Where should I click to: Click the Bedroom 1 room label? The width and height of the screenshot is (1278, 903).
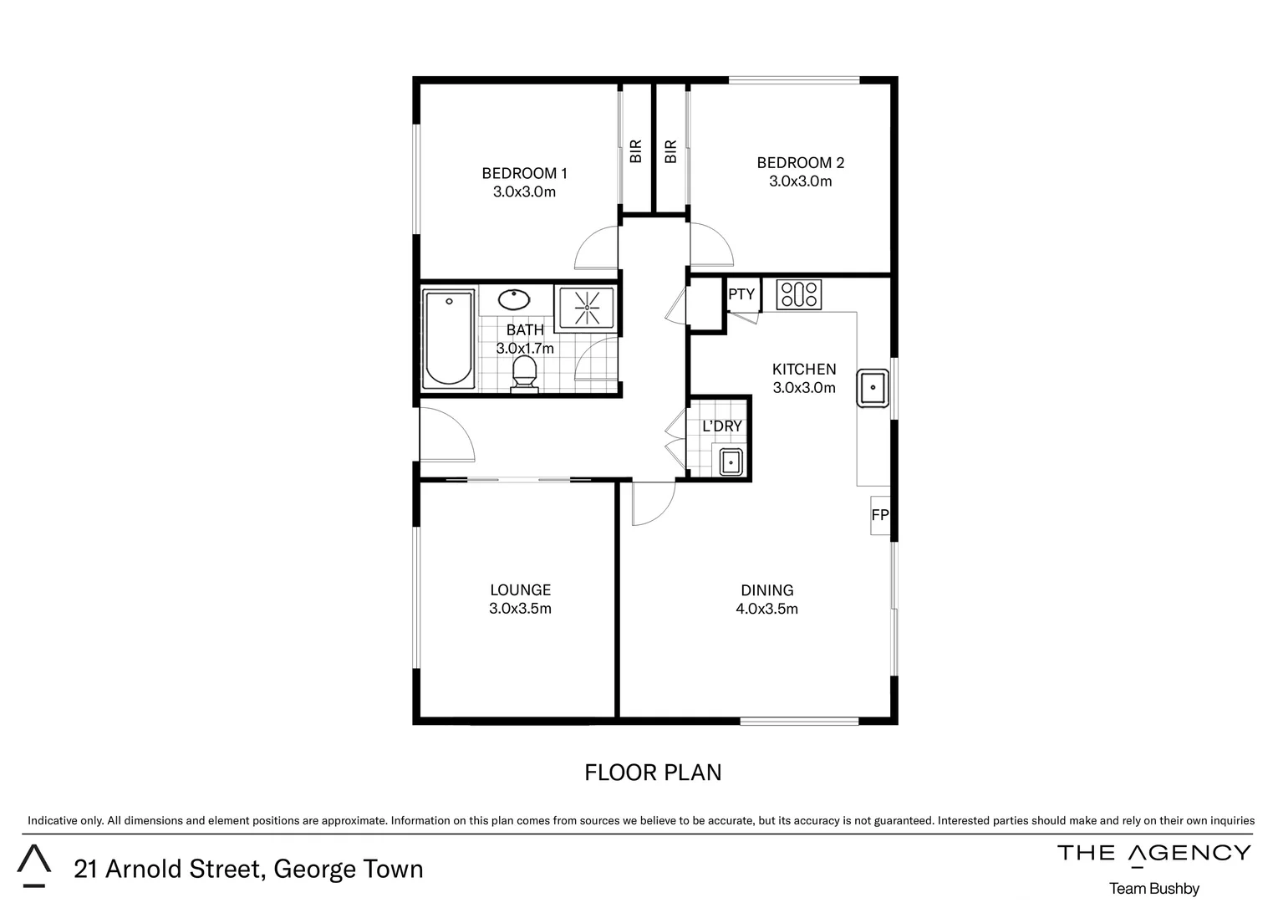524,173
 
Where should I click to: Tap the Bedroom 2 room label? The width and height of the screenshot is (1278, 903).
800,162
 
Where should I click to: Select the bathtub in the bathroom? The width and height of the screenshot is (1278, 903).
448,339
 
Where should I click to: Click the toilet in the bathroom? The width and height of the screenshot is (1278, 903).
524,373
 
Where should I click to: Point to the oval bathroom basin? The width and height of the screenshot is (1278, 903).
512,299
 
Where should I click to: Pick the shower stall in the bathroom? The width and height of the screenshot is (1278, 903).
587,309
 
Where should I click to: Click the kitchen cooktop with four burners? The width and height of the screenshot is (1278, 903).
799,294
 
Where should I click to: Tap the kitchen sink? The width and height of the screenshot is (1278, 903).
872,388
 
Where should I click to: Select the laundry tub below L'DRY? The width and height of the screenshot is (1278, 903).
731,461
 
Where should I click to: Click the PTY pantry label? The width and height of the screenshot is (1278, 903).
741,294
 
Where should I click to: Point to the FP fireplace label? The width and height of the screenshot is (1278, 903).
879,515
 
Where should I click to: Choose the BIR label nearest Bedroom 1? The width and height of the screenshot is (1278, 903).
635,151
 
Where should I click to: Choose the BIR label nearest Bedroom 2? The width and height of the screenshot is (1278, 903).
670,151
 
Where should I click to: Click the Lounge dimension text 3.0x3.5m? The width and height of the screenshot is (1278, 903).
520,609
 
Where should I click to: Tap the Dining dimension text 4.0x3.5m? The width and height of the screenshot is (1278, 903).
766,609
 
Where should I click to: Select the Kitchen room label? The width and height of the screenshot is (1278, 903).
803,369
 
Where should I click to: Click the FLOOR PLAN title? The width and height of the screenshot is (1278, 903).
653,773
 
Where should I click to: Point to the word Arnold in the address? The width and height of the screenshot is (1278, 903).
143,870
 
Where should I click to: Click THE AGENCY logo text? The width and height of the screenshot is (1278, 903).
1153,853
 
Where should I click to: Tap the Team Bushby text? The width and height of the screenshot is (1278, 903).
1153,889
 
